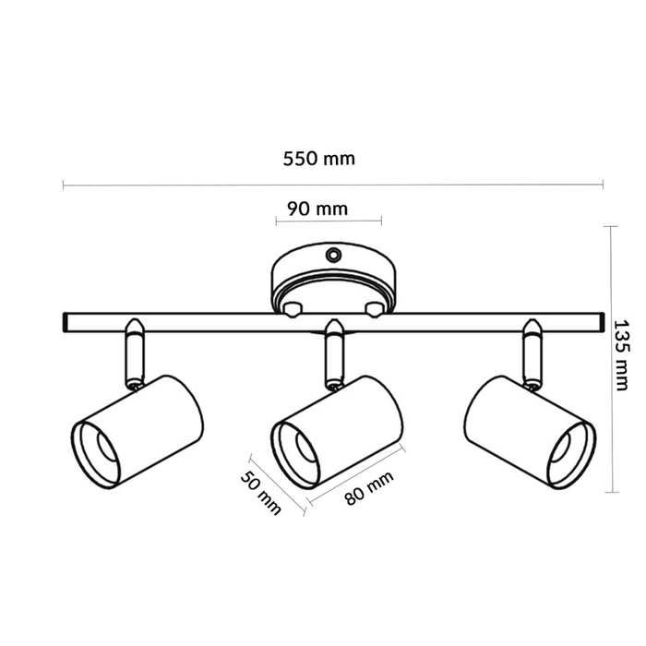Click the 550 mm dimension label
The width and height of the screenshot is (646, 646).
pyautogui.click(x=318, y=158)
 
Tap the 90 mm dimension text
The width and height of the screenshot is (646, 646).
pyautogui.click(x=317, y=209)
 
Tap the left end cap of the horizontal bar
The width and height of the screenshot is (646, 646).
pyautogui.click(x=66, y=321)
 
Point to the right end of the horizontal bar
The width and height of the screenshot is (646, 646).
pyautogui.click(x=595, y=321)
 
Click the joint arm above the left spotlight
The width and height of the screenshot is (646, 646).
pyautogui.click(x=134, y=352)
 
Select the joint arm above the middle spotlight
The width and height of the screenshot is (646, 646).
pyautogui.click(x=333, y=352)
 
